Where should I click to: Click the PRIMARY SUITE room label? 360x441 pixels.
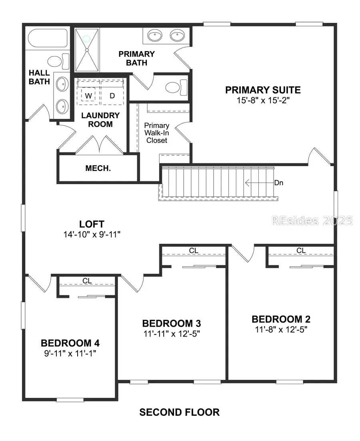point(263,90)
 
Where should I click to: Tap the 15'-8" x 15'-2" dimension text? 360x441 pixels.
point(263,100)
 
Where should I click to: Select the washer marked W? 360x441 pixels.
point(88,96)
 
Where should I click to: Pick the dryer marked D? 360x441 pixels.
point(112,96)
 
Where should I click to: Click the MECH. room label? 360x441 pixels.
point(98,168)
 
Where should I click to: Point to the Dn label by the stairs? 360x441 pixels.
point(279,183)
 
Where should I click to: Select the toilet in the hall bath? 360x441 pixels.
point(56,62)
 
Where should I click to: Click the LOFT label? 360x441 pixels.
point(92,224)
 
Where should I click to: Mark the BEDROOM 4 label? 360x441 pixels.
point(70,343)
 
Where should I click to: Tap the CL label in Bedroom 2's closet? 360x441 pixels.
point(301,251)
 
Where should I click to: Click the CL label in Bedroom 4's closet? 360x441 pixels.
point(87,281)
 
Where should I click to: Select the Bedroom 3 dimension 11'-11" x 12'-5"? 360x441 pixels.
point(171,333)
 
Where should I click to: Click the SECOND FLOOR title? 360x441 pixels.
point(179,412)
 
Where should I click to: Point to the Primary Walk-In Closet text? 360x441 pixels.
point(157,133)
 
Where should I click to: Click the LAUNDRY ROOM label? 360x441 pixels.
point(100,120)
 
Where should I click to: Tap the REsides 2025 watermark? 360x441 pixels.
point(312,220)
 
